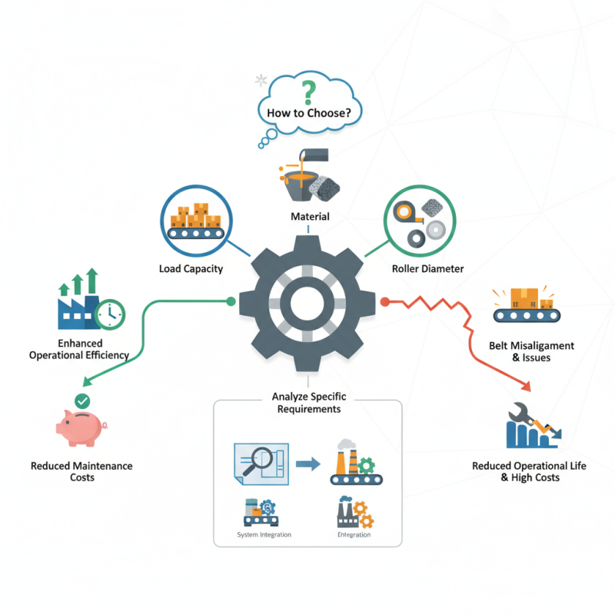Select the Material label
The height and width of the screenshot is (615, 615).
point(310,217)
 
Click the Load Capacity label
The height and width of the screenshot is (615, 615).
point(191,268)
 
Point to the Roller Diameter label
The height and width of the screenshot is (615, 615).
point(427,268)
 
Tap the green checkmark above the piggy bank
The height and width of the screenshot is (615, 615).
point(81,400)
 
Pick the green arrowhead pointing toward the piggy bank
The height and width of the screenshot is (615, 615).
point(85,381)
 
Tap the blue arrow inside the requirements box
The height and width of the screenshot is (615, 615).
point(307,464)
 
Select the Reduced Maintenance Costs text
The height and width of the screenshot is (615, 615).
point(81,471)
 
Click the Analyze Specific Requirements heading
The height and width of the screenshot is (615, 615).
point(307,403)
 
